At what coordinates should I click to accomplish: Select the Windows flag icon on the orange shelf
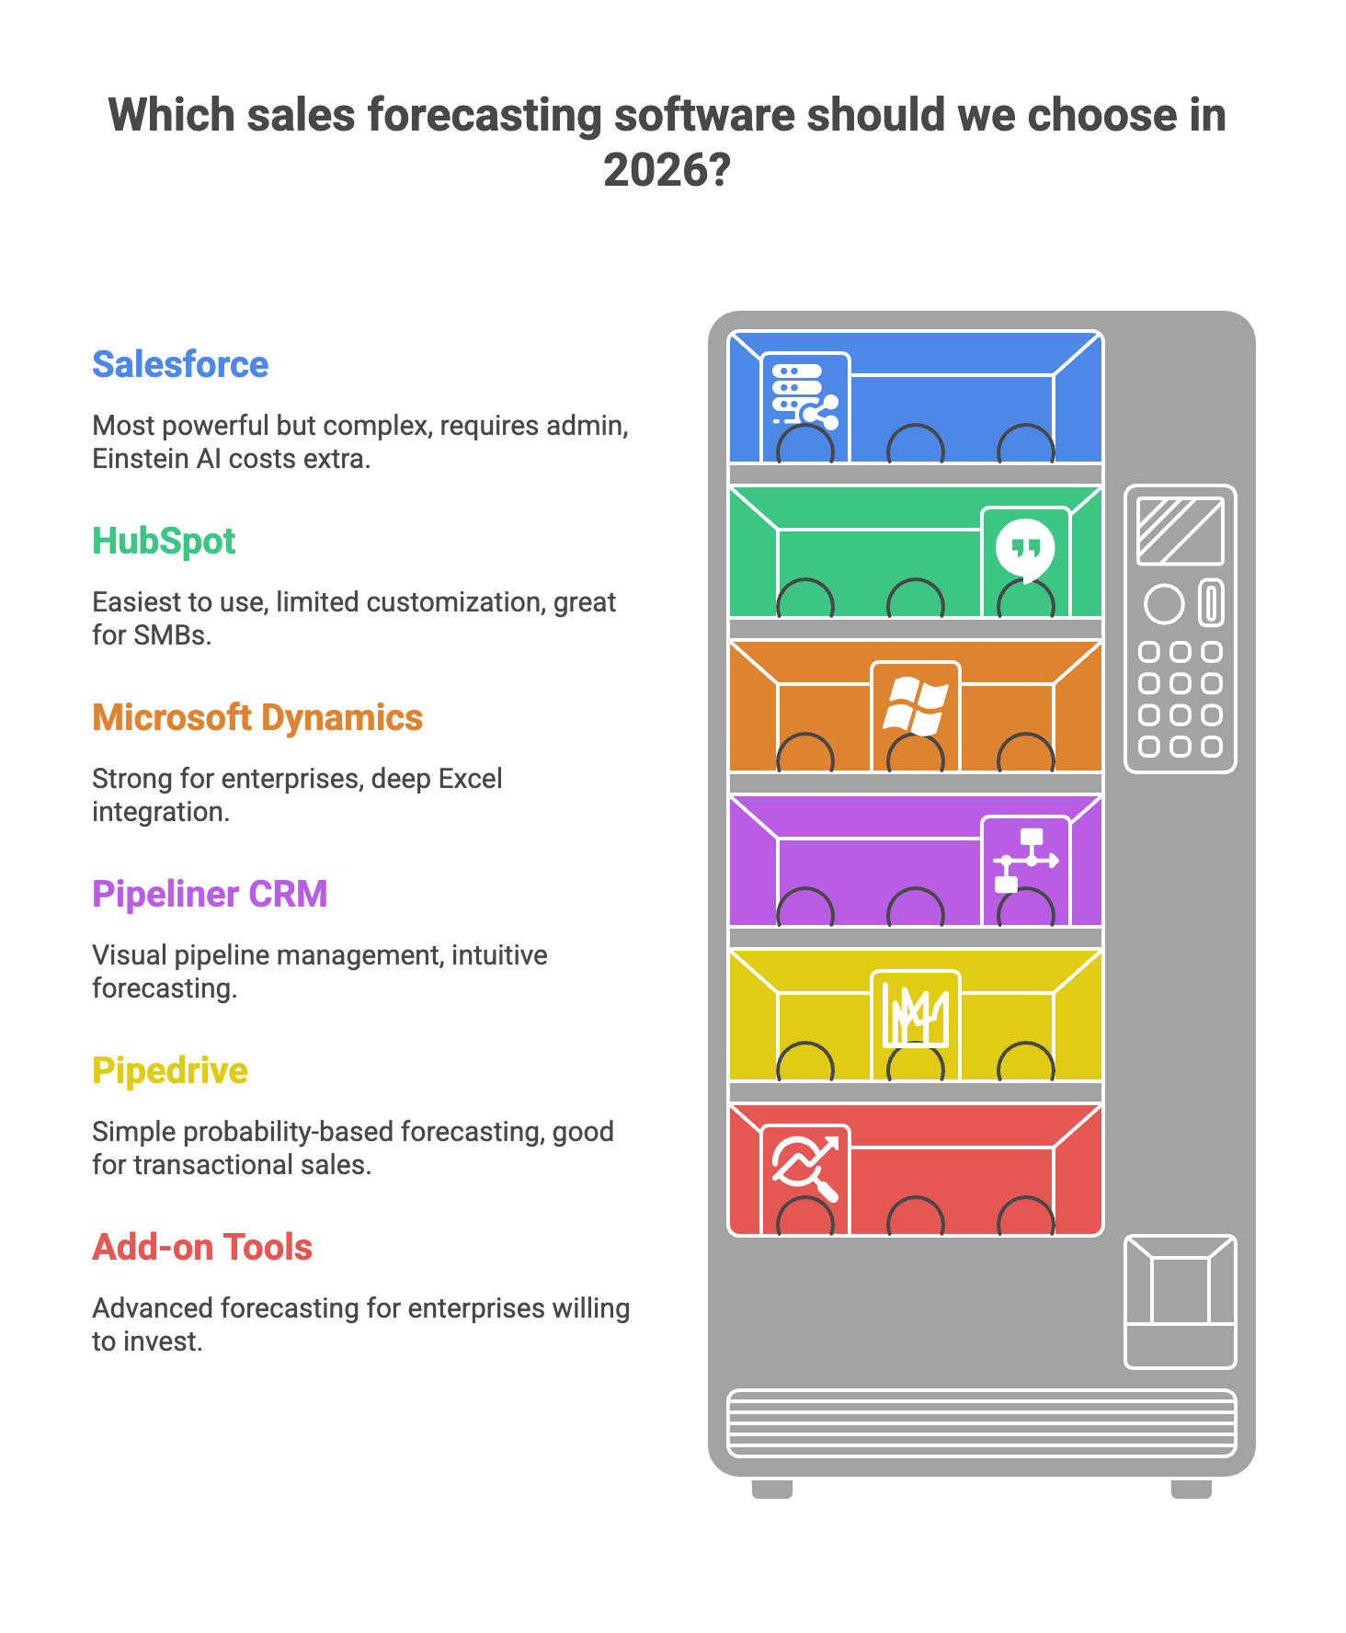(x=915, y=706)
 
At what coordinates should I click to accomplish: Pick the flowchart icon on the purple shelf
(x=1026, y=861)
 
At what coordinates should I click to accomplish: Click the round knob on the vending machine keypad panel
(x=1163, y=604)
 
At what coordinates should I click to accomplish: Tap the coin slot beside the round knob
(x=1212, y=603)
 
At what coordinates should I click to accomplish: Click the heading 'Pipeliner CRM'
(x=210, y=894)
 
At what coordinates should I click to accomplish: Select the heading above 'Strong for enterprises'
(x=257, y=717)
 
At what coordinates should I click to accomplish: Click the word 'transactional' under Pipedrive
(x=208, y=1165)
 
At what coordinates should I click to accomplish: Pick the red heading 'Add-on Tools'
(x=202, y=1247)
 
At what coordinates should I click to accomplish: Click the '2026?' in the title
(x=667, y=169)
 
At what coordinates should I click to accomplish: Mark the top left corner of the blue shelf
(x=728, y=331)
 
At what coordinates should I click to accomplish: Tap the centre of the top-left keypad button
(x=1149, y=652)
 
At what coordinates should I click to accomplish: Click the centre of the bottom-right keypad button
(x=1213, y=746)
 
